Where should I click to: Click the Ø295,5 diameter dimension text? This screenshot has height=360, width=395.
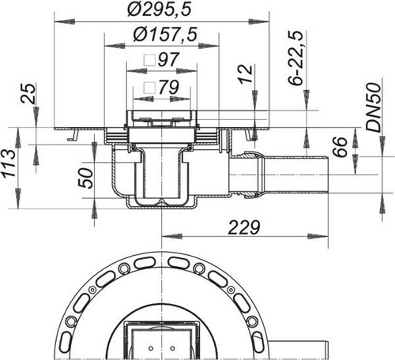coord(159,9)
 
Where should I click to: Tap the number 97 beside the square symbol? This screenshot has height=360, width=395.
coord(168,60)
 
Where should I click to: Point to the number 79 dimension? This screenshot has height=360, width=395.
coord(168,87)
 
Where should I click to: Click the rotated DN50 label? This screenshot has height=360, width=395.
coord(374,107)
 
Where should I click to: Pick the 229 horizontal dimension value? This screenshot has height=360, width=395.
coord(244,227)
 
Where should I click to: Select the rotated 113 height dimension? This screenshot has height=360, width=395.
coord(8,163)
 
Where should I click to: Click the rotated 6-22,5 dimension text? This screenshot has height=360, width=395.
coord(296,58)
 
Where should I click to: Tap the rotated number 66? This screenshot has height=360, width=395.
coord(340,147)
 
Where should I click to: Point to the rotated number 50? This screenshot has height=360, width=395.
coord(86,178)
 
